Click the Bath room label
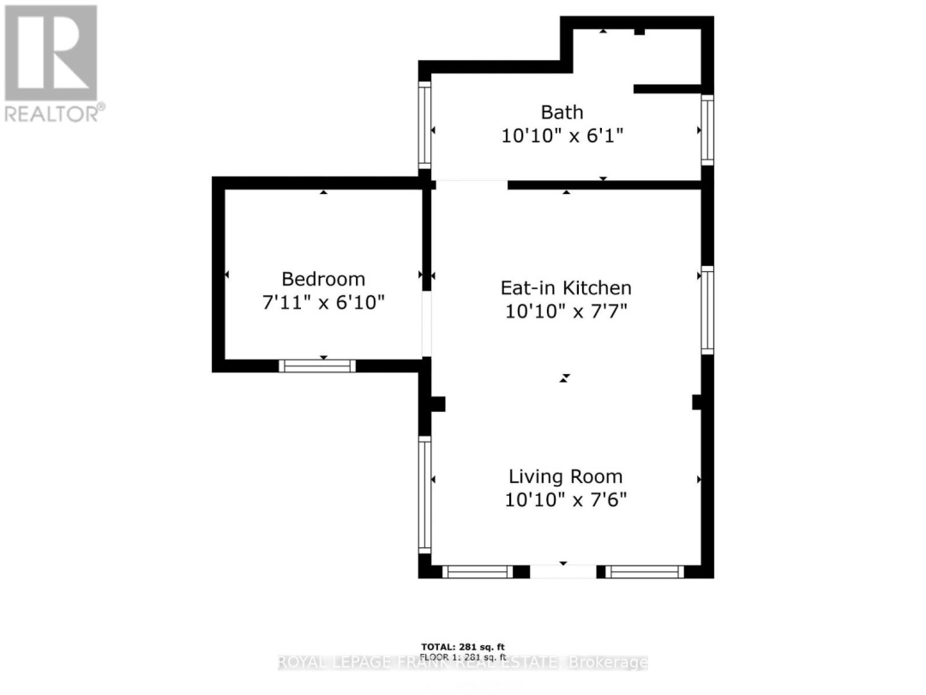click(x=562, y=112)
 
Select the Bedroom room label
click(x=323, y=279)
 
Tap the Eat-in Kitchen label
click(x=566, y=287)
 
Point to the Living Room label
click(x=566, y=476)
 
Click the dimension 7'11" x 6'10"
click(x=323, y=302)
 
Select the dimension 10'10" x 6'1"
click(x=562, y=136)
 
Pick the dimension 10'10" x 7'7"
click(x=566, y=311)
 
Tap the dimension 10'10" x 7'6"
click(x=566, y=499)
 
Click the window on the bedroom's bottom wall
click(x=317, y=366)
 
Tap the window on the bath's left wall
click(x=424, y=125)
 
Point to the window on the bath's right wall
click(x=707, y=129)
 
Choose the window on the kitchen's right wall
click(x=707, y=310)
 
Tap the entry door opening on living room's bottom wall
click(x=562, y=571)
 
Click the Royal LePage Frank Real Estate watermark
click(x=463, y=662)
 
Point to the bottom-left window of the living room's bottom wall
click(x=478, y=571)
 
